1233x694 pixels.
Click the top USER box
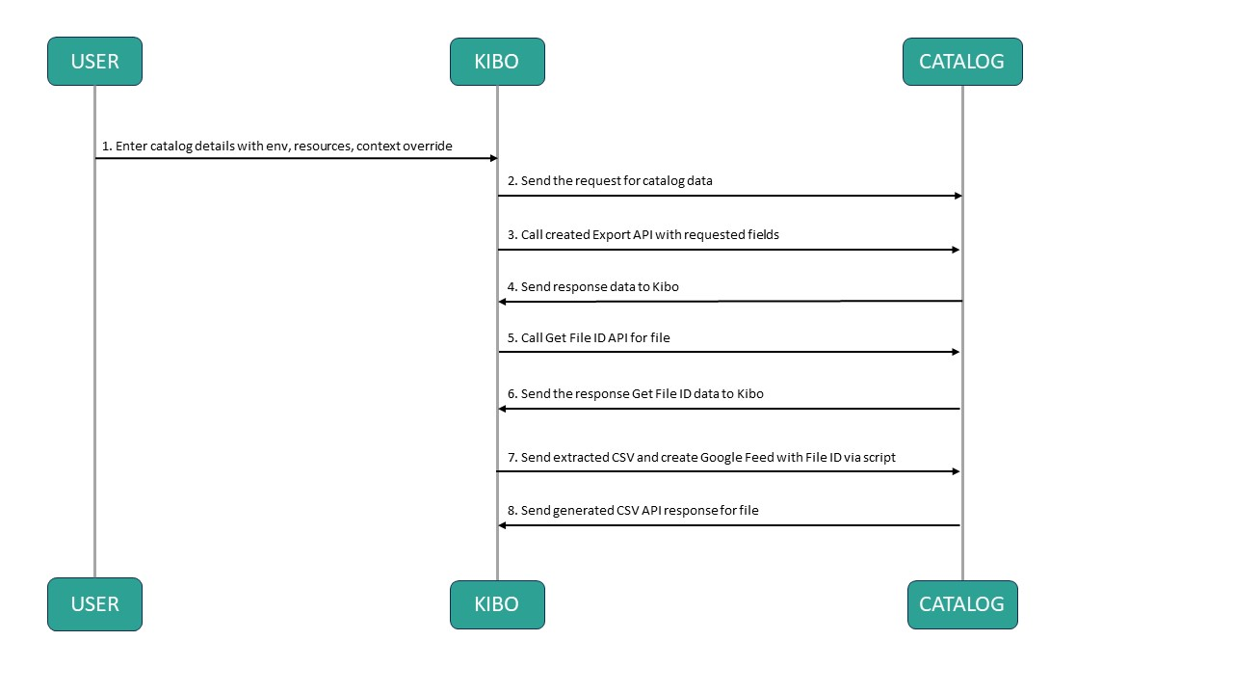pyautogui.click(x=94, y=62)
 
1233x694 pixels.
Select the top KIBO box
pyautogui.click(x=497, y=62)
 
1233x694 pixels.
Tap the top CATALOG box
pyautogui.click(x=961, y=62)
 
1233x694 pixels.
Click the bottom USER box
pyautogui.click(x=94, y=604)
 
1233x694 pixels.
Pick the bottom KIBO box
pyautogui.click(x=497, y=604)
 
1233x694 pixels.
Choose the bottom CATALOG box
pyautogui.click(x=961, y=604)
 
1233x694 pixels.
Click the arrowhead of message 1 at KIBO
pyautogui.click(x=491, y=158)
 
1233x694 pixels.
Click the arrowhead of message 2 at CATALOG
pyautogui.click(x=957, y=196)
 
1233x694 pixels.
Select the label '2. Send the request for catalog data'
pyautogui.click(x=610, y=180)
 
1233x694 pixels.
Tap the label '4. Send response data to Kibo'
pyautogui.click(x=593, y=286)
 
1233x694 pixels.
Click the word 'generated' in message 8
pyautogui.click(x=584, y=510)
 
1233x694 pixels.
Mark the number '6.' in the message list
pyautogui.click(x=513, y=393)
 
